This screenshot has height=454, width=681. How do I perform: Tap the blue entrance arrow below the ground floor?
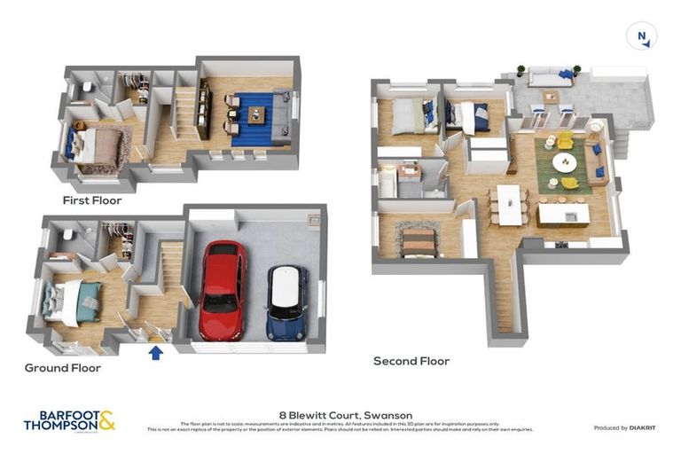(156, 352)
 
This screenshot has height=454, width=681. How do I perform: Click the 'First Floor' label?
(91, 200)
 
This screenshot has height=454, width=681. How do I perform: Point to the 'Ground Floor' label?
(62, 367)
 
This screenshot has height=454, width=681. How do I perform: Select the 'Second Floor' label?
(411, 361)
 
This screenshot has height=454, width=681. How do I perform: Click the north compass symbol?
(641, 36)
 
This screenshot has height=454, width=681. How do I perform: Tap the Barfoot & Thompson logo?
(69, 419)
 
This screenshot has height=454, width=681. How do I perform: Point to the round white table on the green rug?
(564, 162)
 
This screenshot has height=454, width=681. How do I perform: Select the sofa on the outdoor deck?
(549, 78)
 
